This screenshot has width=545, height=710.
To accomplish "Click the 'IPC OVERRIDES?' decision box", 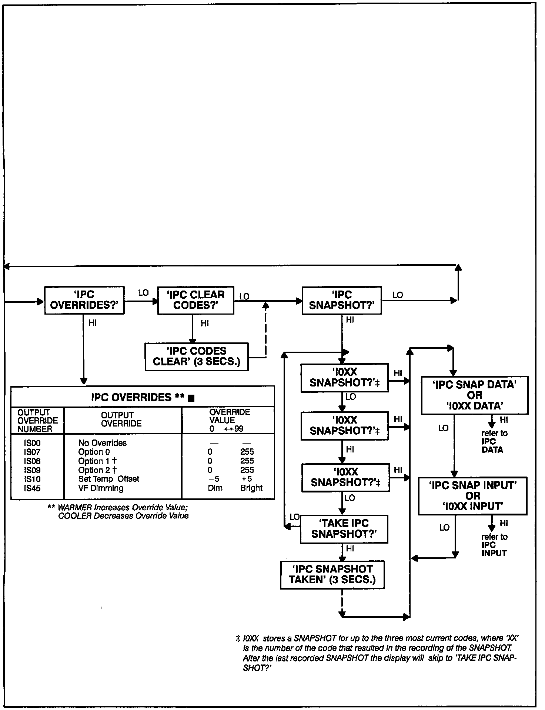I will pos(84,300).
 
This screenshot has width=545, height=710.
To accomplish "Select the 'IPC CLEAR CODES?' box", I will pos(195,300).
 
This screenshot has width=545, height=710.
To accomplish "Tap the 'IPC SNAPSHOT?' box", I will pos(342,300).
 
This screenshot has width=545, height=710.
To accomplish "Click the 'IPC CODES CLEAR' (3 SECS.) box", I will pos(197,356).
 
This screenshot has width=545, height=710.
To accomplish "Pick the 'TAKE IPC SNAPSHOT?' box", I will pos(344,529).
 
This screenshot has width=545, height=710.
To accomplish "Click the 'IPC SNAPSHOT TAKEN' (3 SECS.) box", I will pos(332,575).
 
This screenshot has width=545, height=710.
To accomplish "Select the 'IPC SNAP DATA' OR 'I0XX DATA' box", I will pos(474,395).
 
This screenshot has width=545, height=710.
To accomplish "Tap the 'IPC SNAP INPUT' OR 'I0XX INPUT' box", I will pos(472,496).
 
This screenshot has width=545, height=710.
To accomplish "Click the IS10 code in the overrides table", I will pos(32,479).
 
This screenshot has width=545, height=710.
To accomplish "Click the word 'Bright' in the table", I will pos(251,488).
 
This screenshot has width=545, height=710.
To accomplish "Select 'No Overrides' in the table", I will pos(102,443).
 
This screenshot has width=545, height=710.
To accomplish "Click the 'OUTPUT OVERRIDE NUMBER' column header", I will pos(37,421).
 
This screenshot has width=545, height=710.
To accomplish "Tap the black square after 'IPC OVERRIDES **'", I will pos(191,398).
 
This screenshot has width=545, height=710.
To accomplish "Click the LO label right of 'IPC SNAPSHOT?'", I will pos(398,295).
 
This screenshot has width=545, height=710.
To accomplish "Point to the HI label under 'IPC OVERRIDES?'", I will pos(92,323).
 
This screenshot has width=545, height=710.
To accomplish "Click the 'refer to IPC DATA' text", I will pos(494,441).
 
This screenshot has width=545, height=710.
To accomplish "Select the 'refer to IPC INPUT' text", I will pos(494,545).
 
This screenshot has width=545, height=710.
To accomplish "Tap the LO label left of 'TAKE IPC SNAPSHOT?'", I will pos(294,517).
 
